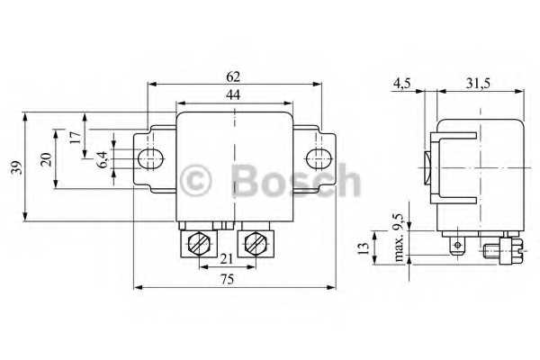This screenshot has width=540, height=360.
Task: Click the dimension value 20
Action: click(46, 159)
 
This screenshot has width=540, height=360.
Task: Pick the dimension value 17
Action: click(75, 138)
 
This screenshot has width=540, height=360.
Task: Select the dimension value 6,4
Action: click(103, 159)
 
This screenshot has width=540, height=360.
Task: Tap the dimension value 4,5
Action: click(401, 83)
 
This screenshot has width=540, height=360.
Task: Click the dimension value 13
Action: click(364, 246)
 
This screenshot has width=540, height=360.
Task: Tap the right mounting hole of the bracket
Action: click(317, 159)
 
